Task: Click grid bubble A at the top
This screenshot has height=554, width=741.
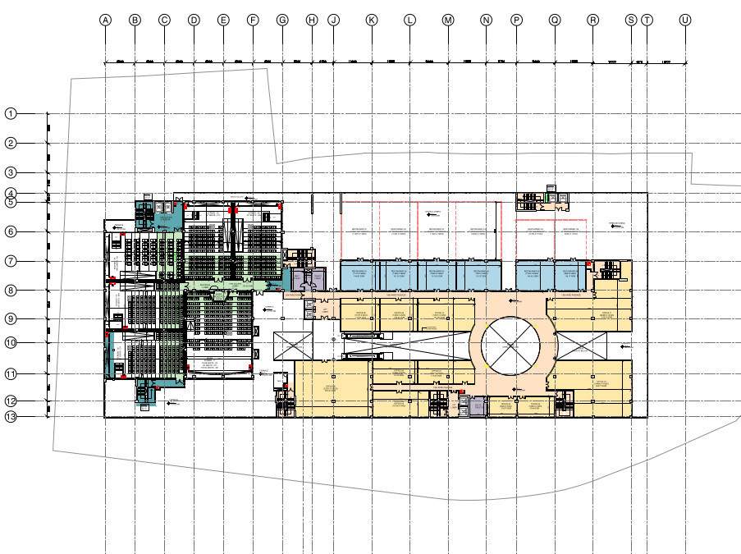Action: [x=105, y=20]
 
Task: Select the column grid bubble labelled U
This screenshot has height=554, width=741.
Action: [x=685, y=20]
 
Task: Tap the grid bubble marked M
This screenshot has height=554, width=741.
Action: [x=448, y=20]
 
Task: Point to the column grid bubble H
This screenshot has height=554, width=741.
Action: [x=312, y=20]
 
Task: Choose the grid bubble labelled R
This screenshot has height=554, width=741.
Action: [x=592, y=20]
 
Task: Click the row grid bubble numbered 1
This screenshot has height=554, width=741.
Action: [x=11, y=113]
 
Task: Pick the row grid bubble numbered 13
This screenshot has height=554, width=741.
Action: [x=11, y=416]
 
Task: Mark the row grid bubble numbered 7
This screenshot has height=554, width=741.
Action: [x=11, y=261]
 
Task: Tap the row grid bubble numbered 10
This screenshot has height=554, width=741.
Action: [x=11, y=342]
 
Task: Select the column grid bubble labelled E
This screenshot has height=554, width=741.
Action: [x=223, y=20]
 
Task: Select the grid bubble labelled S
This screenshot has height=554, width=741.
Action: [x=630, y=20]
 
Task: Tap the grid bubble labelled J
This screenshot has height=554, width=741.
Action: [x=333, y=20]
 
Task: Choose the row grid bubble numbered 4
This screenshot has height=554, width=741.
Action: [x=11, y=194]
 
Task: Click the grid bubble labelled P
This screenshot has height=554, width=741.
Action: [x=516, y=20]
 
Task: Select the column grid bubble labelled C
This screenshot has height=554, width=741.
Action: [x=164, y=20]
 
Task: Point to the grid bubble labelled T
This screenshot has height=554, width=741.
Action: [x=647, y=20]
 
